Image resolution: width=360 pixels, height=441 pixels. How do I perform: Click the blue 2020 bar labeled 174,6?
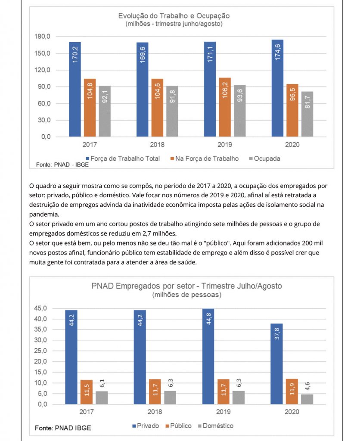point(277,88)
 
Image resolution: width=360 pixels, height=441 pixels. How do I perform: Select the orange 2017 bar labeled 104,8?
point(90,108)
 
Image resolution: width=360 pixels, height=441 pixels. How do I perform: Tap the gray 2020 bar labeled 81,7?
point(307,114)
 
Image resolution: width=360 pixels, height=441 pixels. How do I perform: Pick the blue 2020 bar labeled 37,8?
point(277,363)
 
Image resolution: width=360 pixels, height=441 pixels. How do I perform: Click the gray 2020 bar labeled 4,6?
point(307,399)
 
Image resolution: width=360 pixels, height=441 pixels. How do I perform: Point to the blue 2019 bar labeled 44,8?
point(208,356)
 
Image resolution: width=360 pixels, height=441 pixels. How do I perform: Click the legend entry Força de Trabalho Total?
point(122,158)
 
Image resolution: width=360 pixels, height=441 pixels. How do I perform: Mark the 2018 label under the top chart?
point(156,145)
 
